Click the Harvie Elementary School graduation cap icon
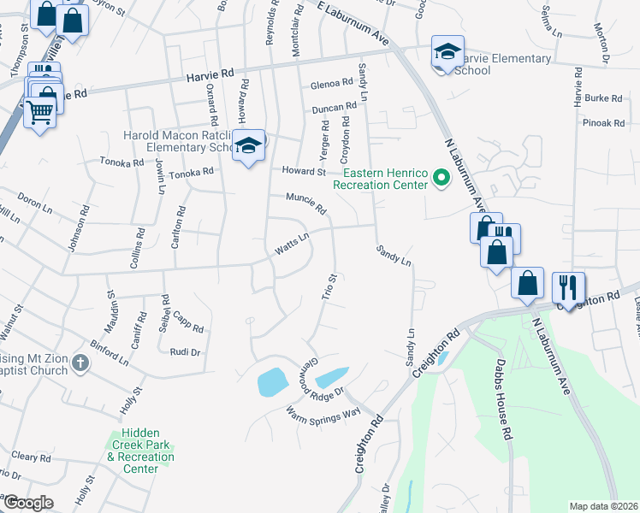(447, 51)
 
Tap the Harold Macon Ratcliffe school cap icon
(248, 146)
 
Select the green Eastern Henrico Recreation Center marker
(441, 178)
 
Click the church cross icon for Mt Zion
(80, 363)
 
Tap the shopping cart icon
(40, 111)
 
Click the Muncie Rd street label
(306, 203)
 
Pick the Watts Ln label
(291, 244)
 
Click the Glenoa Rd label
(332, 84)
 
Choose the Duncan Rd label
(334, 109)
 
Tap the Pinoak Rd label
(603, 123)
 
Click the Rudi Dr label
(184, 351)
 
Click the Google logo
(28, 503)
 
